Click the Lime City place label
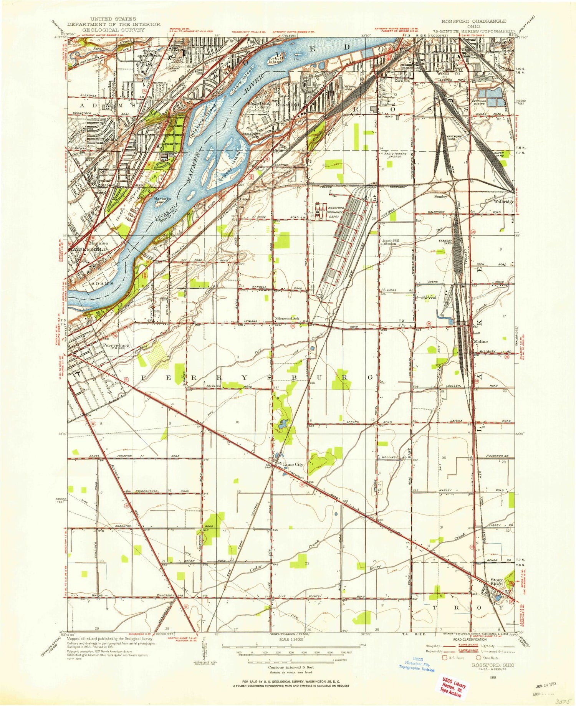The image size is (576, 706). click(293, 464)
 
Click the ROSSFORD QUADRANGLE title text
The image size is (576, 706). click(473, 21)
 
